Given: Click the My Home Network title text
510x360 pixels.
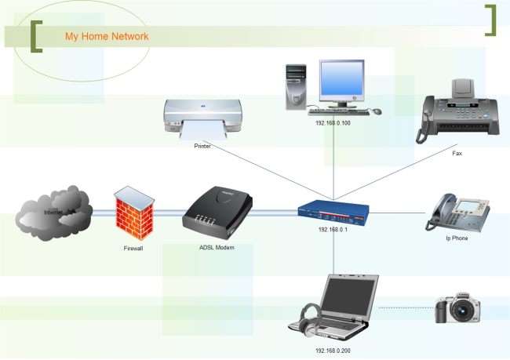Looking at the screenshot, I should tap(106, 36).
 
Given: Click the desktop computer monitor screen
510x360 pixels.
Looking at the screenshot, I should tap(342, 82).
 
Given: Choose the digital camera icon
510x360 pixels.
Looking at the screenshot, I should tap(457, 309).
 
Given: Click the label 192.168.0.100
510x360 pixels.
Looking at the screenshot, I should tap(333, 123).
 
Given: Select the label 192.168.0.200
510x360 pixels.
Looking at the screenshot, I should tap(333, 351).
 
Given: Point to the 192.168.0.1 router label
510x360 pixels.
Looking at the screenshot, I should tap(333, 230).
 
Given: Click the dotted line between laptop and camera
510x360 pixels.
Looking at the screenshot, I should tap(406, 308).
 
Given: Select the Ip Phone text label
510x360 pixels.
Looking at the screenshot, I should tap(457, 238).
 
